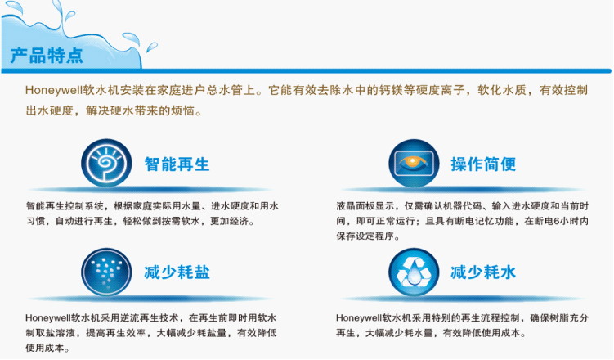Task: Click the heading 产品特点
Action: [x=47, y=56]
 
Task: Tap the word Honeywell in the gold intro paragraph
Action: [x=54, y=91]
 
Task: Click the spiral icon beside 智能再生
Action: [x=106, y=163]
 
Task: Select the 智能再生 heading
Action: [x=177, y=164]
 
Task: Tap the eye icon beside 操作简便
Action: [x=414, y=163]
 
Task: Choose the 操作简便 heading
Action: [x=483, y=164]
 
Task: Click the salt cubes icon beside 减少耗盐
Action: [x=106, y=272]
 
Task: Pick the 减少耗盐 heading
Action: [x=177, y=272]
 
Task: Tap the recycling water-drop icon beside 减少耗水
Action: [x=414, y=272]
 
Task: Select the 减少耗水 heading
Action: [x=483, y=272]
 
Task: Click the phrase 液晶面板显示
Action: [x=365, y=206]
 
